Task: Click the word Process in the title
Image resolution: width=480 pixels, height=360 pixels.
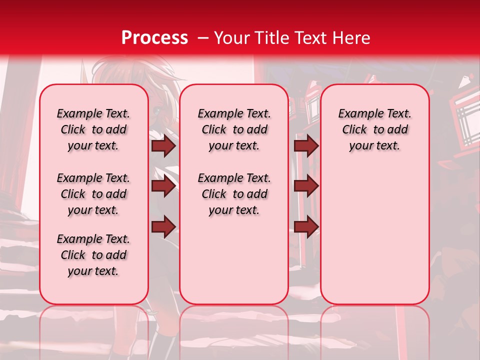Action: coord(154,38)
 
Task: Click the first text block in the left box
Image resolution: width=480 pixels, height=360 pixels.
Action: coord(93,129)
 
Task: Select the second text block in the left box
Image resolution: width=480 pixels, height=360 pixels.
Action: coord(93,194)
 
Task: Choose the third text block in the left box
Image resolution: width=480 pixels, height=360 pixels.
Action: coord(93,255)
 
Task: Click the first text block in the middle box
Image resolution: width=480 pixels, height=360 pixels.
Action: coord(234,129)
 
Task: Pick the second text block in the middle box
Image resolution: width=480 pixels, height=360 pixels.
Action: coord(234,194)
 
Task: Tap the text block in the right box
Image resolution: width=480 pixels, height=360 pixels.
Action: coord(374,129)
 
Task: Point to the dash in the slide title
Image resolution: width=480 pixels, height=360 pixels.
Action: coord(202,38)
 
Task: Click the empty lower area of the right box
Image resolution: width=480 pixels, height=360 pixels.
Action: coord(374,240)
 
